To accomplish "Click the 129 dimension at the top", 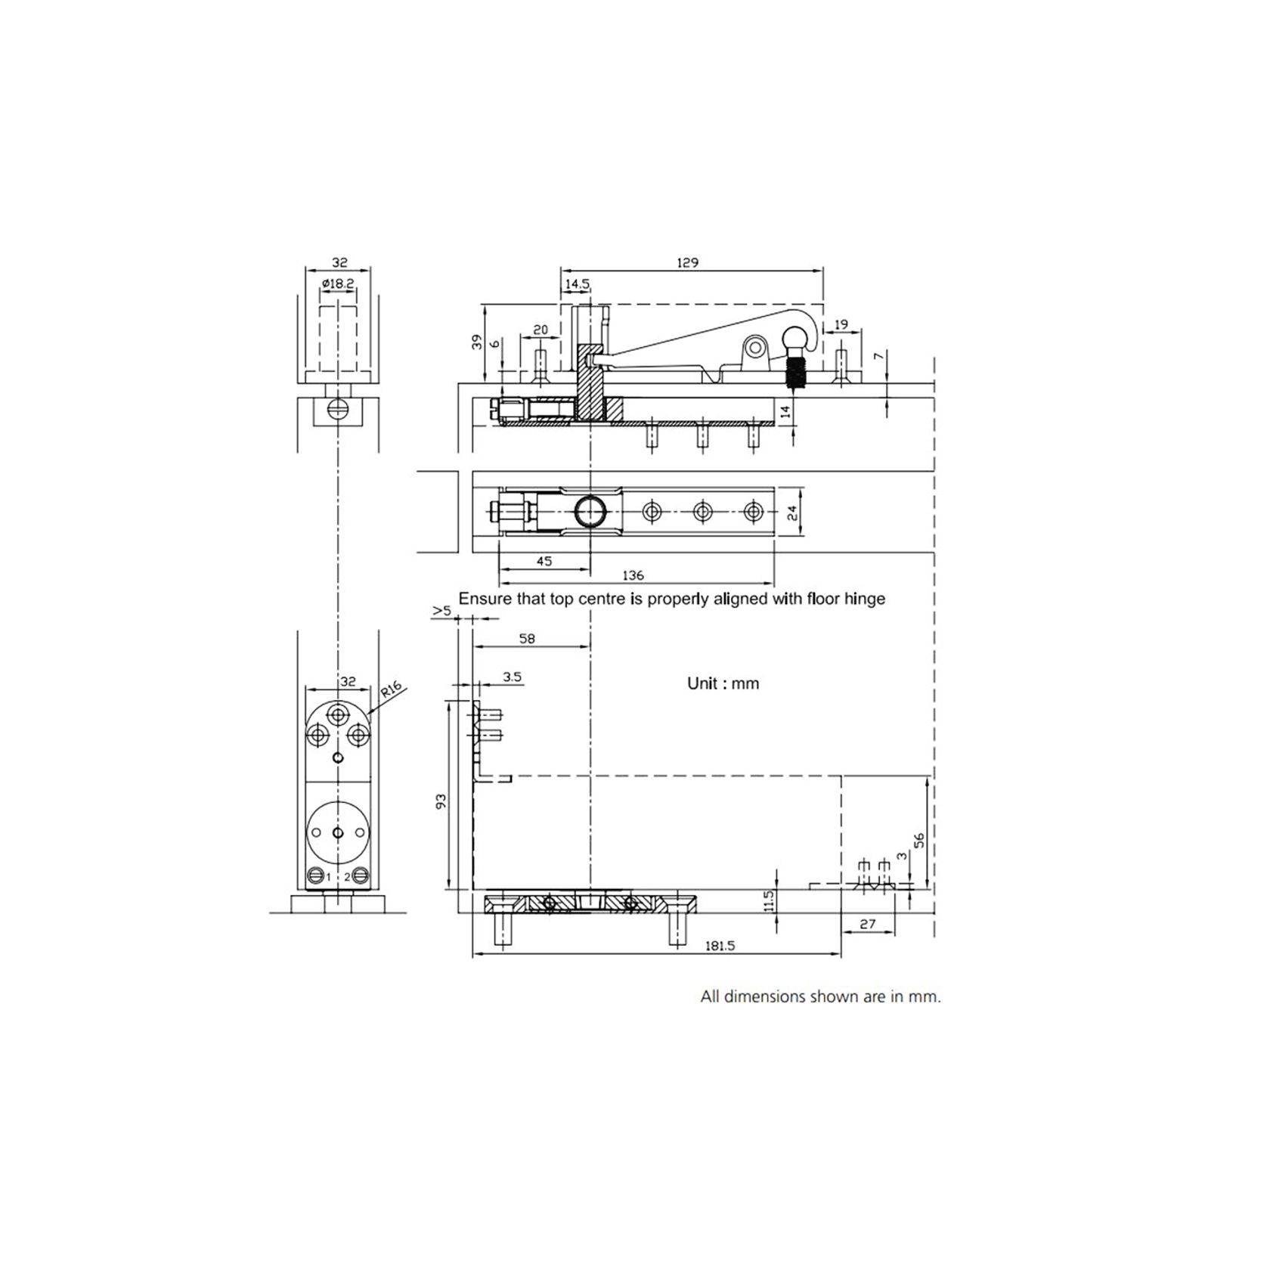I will (x=687, y=263).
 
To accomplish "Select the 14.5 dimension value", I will (x=576, y=284).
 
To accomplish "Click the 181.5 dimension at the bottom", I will (x=719, y=945).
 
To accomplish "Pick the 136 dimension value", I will (x=633, y=575).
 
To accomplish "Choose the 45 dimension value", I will (x=544, y=561).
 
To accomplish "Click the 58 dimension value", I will (x=527, y=639).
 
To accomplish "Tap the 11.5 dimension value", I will (x=769, y=900).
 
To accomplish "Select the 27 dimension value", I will (x=868, y=924).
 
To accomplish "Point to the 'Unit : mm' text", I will (x=723, y=683).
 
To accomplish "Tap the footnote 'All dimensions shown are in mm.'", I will (x=820, y=996).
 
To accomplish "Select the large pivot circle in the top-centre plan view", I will (x=590, y=512).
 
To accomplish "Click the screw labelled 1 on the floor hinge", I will (x=316, y=877).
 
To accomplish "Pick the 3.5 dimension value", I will (x=512, y=677).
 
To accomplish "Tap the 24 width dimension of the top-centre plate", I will (x=791, y=512).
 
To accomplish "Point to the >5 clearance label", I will (x=442, y=610).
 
